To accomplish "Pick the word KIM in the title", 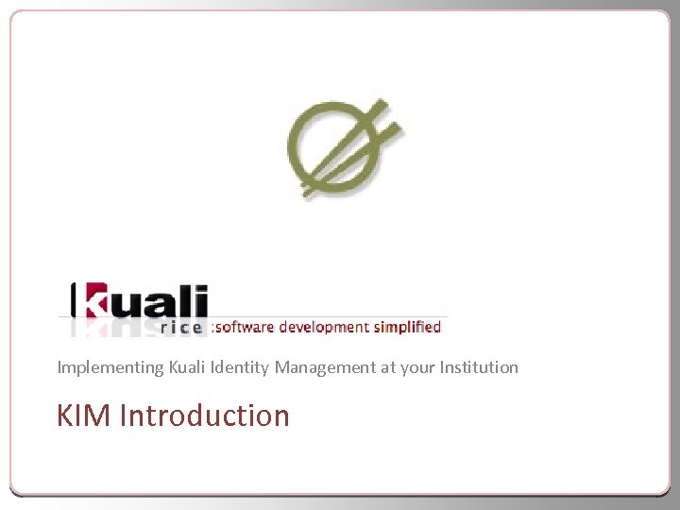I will click(x=84, y=416).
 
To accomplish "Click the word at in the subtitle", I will click(x=387, y=367).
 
